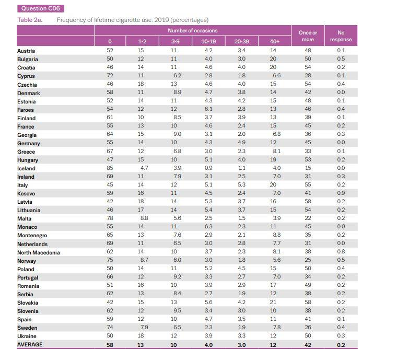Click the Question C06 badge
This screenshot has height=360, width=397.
pos(41,8)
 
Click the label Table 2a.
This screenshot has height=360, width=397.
pos(30,20)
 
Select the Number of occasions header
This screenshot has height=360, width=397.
pos(193,31)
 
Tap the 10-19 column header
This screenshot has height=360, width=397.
pos(208,41)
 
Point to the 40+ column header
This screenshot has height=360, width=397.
pos(275,41)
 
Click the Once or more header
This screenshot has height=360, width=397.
pos(308,36)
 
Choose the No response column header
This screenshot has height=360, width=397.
pos(341,36)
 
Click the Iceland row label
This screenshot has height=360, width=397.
pos(26,169)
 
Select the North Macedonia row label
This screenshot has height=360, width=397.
pos(39,253)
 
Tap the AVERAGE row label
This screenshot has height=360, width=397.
pos(30,344)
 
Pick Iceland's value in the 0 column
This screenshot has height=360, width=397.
pos(110,168)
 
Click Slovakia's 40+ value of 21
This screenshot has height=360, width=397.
pos(273,303)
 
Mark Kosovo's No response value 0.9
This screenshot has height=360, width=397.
pos(341,193)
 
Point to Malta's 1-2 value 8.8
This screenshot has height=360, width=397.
pos(144,218)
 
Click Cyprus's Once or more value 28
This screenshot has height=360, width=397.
pos(308,76)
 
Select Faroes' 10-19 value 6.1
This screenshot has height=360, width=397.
pos(208,109)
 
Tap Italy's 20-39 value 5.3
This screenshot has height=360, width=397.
pos(242,185)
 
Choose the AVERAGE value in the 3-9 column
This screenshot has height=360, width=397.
pos(173,345)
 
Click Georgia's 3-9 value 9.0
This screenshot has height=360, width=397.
pos(178,134)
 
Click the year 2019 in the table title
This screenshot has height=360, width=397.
pos(161,20)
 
